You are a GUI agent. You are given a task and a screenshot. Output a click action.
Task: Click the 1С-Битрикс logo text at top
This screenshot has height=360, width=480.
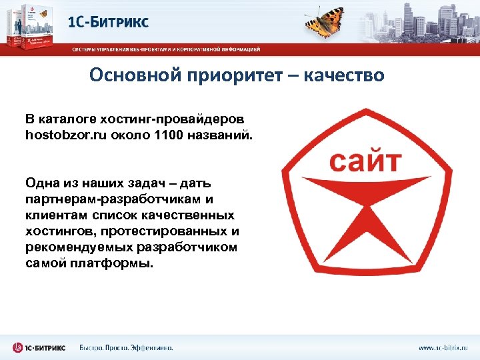[109, 22]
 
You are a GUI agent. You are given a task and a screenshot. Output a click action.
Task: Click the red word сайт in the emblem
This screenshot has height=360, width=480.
[366, 161]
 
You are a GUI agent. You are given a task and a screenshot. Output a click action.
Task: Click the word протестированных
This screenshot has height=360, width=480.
[166, 231]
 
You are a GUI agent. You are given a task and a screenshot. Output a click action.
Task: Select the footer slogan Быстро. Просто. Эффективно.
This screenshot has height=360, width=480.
[126, 348]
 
